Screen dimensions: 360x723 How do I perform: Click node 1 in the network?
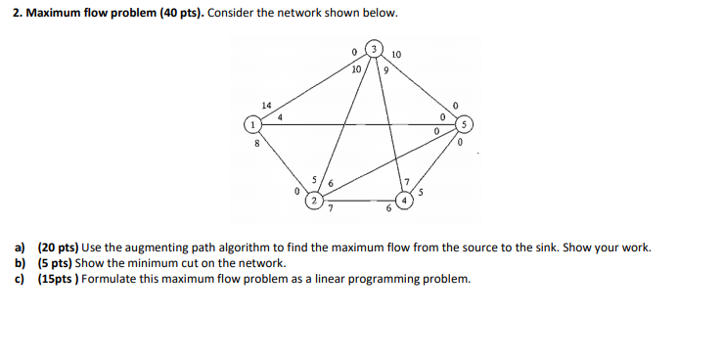(252, 124)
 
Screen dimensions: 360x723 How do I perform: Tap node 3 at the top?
(373, 48)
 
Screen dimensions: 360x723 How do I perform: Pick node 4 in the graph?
(406, 200)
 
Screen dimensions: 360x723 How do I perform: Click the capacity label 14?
(265, 104)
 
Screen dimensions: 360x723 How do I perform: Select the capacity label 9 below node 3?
(387, 70)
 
